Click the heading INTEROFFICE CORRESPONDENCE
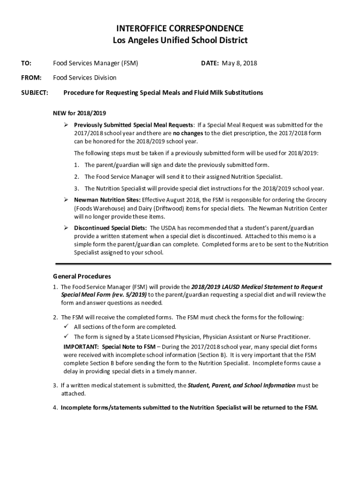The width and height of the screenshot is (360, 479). (x=180, y=29)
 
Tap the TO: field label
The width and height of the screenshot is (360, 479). (x=26, y=63)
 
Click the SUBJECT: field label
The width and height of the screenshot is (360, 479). (x=35, y=93)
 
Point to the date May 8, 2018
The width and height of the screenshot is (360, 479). (x=239, y=63)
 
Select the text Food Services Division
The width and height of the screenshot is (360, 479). (x=85, y=78)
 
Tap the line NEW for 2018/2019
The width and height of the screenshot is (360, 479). (x=79, y=114)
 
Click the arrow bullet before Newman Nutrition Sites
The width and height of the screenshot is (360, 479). (x=66, y=200)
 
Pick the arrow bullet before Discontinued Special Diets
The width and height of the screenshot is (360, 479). (x=66, y=228)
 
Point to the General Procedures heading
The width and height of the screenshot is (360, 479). (x=82, y=276)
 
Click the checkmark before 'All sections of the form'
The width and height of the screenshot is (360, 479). (x=66, y=327)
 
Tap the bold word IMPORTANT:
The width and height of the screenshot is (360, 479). (x=81, y=347)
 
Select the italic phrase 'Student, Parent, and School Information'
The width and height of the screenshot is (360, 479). (x=241, y=385)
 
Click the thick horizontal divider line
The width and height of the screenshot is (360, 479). (x=193, y=264)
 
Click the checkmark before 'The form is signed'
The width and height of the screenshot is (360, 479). (x=66, y=336)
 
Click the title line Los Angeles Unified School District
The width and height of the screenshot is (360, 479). (x=180, y=41)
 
